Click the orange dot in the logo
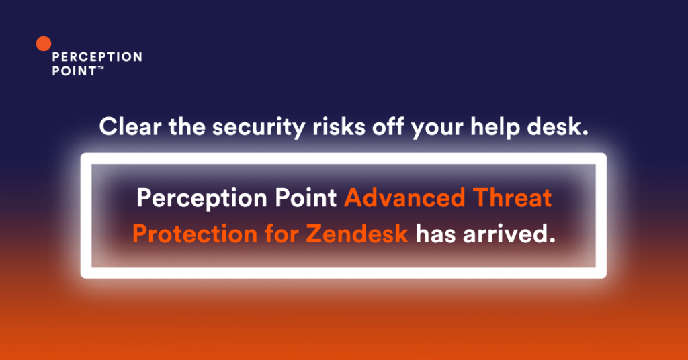pos(44,44)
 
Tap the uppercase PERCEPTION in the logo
pos(97,57)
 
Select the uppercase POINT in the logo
pos(74,71)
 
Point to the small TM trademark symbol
pos(101,68)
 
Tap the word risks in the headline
pos(339,127)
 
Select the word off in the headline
pos(388,127)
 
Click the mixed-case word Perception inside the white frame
pos(202,199)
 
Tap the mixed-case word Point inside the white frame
pos(306,197)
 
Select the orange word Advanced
pos(404,197)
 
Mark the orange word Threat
pos(513,197)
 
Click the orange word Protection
pos(194,234)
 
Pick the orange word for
pos(282,234)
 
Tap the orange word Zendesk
pos(357,234)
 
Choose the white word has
pos(435,234)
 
